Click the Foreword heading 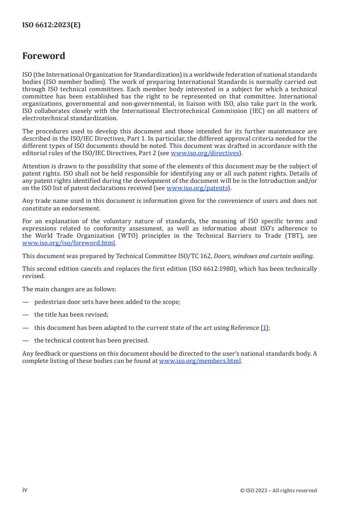pos(44,56)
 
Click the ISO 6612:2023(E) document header pos(51,25)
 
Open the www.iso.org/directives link pos(205,153)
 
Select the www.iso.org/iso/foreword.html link pos(69,242)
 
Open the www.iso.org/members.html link pos(200,361)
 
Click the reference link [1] pos(264,328)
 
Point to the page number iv pos(25,489)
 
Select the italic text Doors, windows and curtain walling pos(263,256)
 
